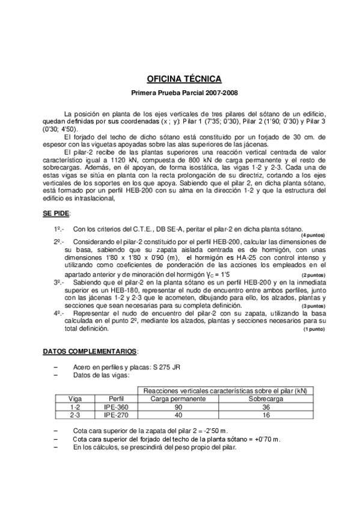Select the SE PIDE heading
coord(56,214)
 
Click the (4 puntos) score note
coord(313,235)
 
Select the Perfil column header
coord(117,399)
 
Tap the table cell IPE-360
coord(117,407)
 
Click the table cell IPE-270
coord(117,414)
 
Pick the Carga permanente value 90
coord(178,407)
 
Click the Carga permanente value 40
coord(178,414)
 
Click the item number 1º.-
coord(60,229)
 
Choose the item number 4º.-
coord(60,313)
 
